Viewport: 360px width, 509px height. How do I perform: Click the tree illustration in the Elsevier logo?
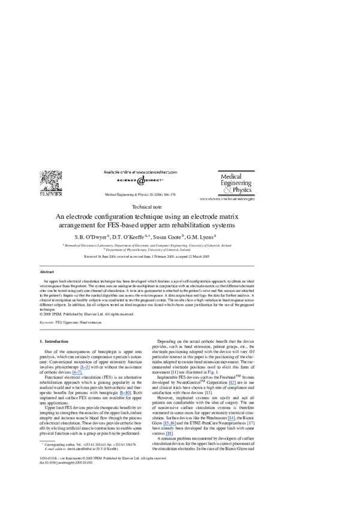coord(51,180)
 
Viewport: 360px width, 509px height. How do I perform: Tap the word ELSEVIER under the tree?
coord(51,194)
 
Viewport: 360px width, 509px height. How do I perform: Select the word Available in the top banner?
coord(112,172)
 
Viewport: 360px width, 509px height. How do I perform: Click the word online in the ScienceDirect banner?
coord(128,172)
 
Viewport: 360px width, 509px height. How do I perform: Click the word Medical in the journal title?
coord(232,177)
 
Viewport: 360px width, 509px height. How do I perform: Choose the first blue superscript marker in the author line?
coord(108,236)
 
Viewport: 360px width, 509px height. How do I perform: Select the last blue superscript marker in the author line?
coord(215,236)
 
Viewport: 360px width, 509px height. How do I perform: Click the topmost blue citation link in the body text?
coord(85,367)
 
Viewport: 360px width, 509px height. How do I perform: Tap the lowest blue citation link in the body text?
coord(169,433)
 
